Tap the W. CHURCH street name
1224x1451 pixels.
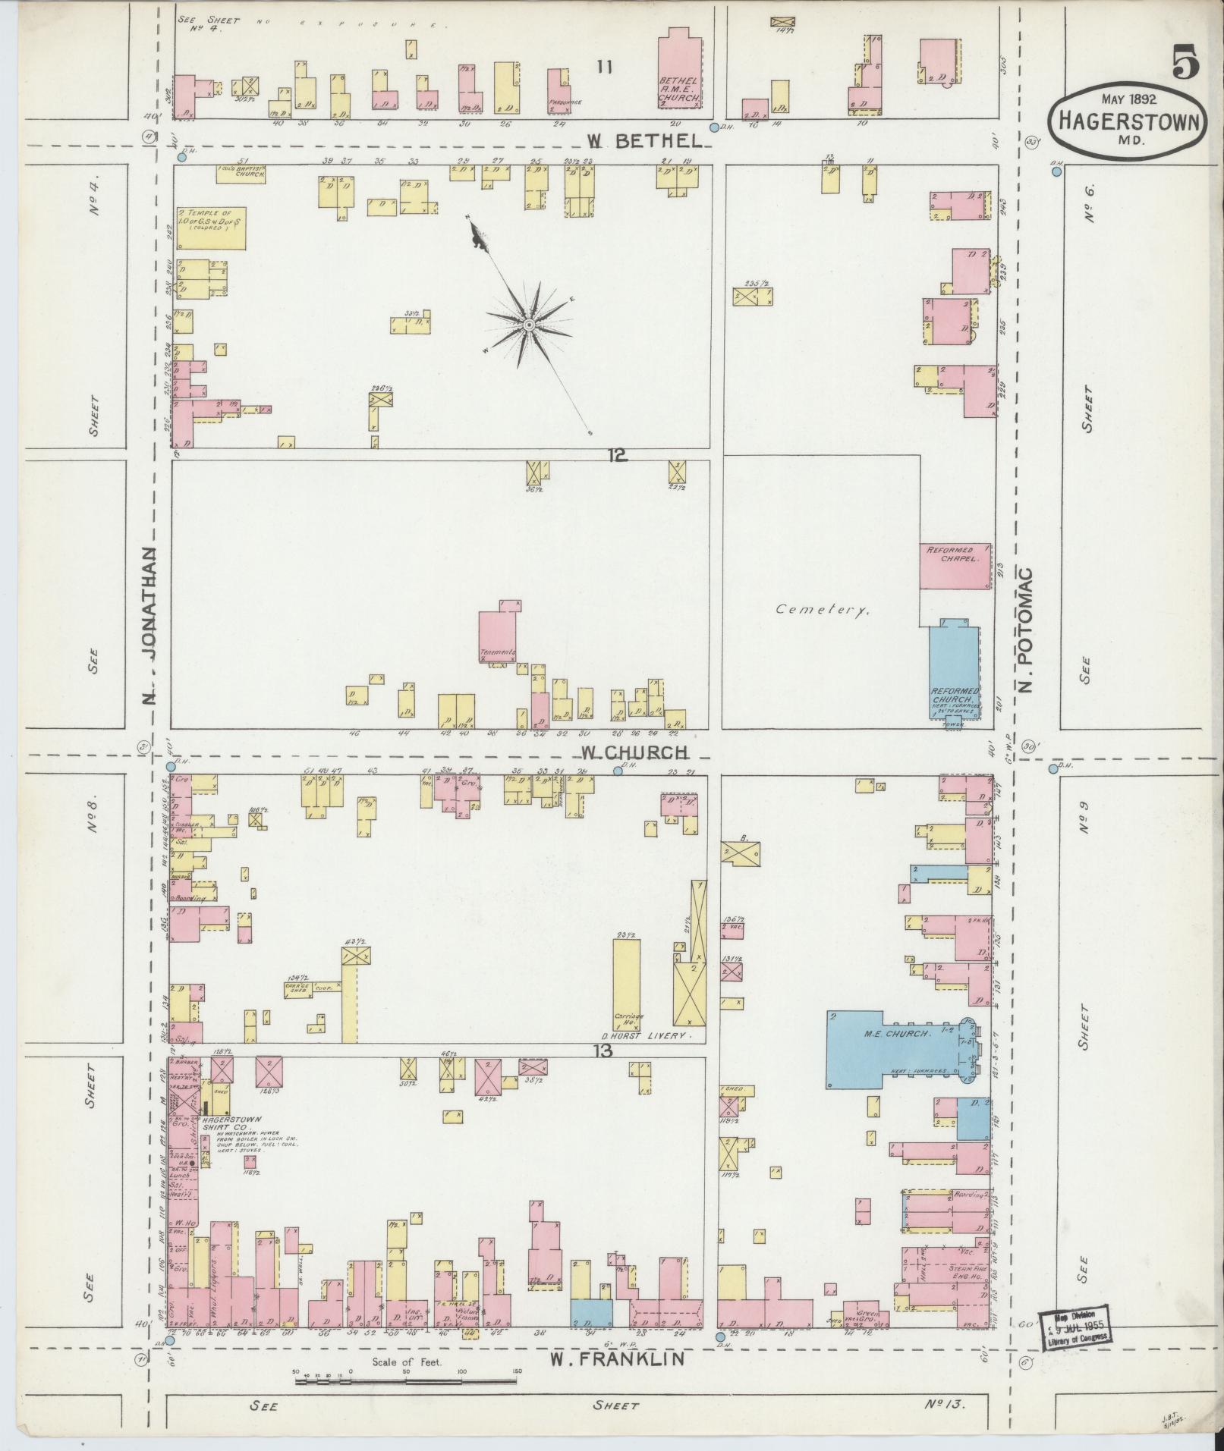(634, 752)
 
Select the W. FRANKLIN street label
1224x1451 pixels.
(617, 1359)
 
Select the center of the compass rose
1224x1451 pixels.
(528, 325)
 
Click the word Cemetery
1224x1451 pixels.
(822, 609)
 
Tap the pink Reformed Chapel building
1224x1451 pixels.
(955, 566)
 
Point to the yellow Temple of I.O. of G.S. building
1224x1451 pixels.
(211, 227)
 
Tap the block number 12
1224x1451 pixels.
(617, 455)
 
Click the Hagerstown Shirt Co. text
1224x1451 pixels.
(230, 1123)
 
